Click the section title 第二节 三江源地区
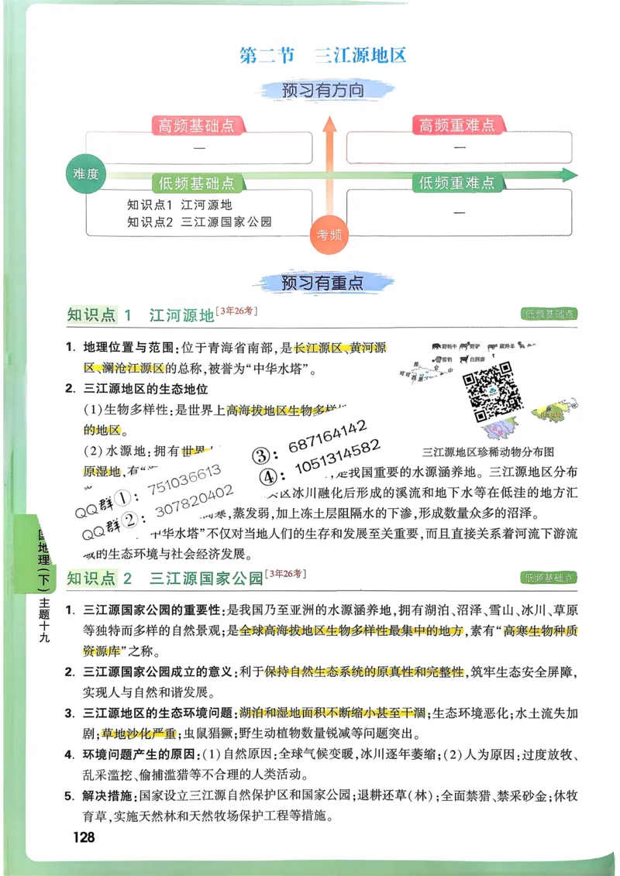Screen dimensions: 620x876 (x=323, y=56)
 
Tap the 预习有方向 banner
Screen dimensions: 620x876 (x=323, y=91)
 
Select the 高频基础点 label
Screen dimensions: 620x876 (x=197, y=125)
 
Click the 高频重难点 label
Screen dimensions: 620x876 (x=457, y=125)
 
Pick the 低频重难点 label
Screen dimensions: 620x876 (x=457, y=183)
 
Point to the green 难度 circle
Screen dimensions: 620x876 (x=85, y=174)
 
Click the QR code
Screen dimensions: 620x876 (x=492, y=391)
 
